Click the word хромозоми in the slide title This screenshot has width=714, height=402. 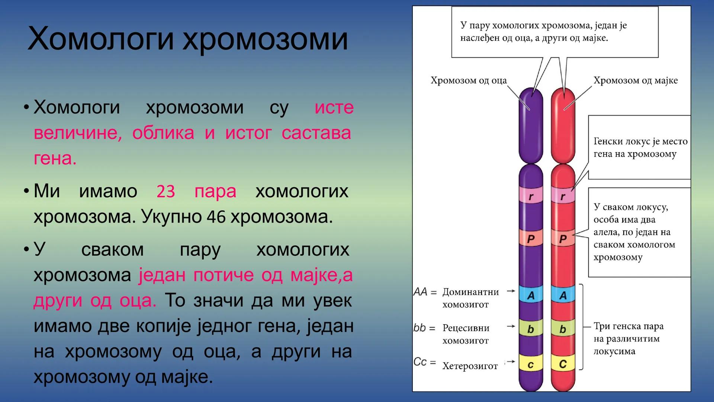point(265,39)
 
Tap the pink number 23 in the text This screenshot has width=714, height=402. point(165,192)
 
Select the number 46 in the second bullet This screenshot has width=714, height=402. point(216,217)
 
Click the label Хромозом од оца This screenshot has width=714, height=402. point(468,80)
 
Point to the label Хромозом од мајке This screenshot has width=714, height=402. point(635,80)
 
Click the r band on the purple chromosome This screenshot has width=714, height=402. point(531,197)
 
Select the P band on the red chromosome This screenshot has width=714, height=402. point(563,239)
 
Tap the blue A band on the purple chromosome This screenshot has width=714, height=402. point(531,295)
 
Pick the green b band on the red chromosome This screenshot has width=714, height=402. point(563,329)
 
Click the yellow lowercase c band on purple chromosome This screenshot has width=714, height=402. point(531,364)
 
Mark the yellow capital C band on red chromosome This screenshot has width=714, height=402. point(563,364)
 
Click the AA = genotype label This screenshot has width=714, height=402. point(425,292)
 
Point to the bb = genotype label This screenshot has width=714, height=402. point(424,328)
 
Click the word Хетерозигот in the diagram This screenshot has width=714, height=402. point(470,366)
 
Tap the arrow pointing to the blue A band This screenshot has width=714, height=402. point(511,291)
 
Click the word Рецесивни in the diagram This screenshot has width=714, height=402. point(466,328)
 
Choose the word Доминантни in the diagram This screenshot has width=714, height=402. point(470,292)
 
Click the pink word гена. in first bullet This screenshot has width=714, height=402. point(55,159)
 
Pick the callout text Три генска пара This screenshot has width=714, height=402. point(628,326)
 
